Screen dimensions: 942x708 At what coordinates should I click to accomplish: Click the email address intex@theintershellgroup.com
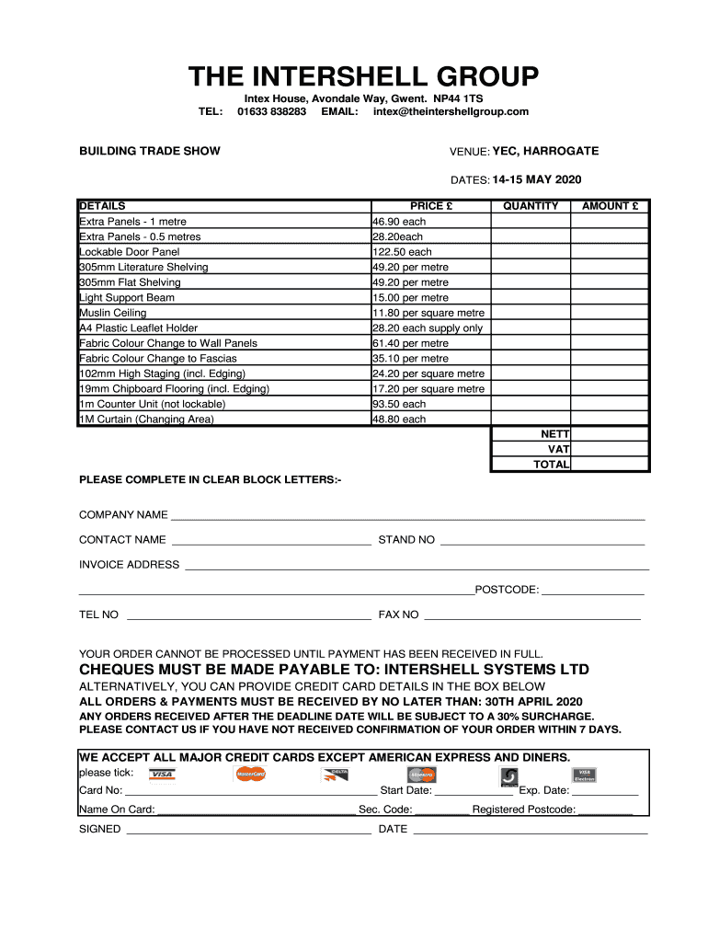451,111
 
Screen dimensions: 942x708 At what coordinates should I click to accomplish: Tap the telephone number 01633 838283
271,111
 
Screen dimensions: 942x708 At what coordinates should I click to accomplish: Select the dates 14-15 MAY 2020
537,179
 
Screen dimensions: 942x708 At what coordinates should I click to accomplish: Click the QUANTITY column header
531,206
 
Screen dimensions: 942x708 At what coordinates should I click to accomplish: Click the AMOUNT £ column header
610,206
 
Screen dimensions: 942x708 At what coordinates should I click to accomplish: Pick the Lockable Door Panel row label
130,252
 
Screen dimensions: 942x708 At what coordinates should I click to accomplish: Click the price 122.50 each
402,252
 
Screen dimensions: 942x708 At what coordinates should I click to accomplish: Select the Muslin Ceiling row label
113,313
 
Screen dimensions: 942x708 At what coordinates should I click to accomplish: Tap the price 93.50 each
399,404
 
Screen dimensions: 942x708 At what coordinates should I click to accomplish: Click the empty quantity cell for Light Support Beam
531,297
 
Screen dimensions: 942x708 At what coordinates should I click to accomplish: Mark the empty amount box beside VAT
610,449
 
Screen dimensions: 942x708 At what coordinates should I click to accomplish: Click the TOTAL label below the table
551,465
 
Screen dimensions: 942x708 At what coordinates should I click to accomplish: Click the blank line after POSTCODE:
593,592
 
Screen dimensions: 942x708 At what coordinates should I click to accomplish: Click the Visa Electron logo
584,775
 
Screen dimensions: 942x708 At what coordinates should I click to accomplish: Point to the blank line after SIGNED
248,832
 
